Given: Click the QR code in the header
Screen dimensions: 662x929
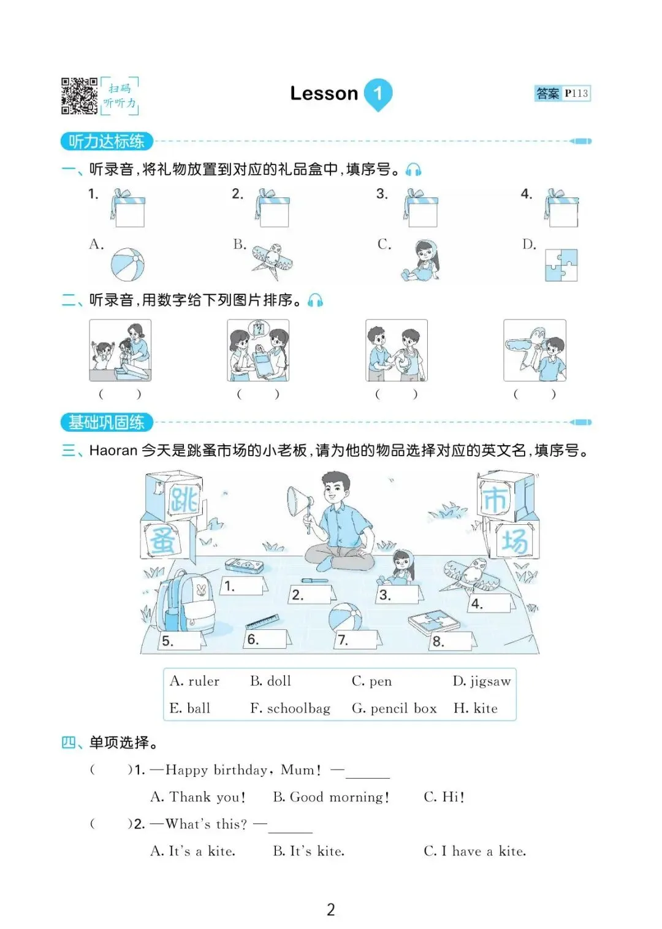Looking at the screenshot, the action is [79, 96].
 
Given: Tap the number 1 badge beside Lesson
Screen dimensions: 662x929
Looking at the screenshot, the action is [378, 94].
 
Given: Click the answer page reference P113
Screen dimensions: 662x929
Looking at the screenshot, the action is [576, 93].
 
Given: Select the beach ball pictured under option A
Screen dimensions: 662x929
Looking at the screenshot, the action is [127, 264].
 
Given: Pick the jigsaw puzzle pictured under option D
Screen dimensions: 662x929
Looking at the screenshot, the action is [561, 265].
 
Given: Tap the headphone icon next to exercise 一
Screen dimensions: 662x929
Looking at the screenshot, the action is [413, 170].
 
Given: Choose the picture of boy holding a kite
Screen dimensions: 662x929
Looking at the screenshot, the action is [535, 350].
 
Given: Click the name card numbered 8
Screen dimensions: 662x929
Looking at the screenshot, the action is [452, 641].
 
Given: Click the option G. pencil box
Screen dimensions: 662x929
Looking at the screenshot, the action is [394, 708].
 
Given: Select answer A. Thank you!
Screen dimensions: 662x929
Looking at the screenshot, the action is [198, 797].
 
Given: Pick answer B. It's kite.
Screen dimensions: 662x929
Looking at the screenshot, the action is [308, 851].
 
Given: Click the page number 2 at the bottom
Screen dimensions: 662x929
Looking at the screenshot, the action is [330, 909].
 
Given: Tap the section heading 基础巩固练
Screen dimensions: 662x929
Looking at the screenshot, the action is [107, 422].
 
